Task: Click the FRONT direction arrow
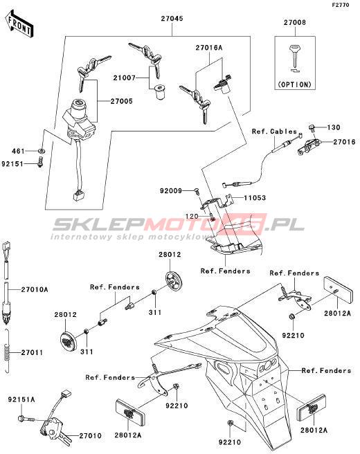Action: pyautogui.click(x=19, y=24)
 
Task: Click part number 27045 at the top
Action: pyautogui.click(x=172, y=19)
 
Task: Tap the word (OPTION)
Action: pyautogui.click(x=294, y=84)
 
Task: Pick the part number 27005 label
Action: pyautogui.click(x=122, y=101)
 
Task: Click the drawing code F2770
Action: pyautogui.click(x=341, y=5)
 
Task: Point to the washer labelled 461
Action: pyautogui.click(x=42, y=151)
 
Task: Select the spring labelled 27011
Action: pyautogui.click(x=8, y=351)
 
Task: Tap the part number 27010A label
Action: pyautogui.click(x=35, y=289)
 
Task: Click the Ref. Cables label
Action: pyautogui.click(x=274, y=131)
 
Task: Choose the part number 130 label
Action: pyautogui.click(x=334, y=127)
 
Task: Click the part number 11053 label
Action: pyautogui.click(x=255, y=198)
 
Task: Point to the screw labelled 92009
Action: pyautogui.click(x=197, y=190)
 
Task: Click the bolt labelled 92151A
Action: pyautogui.click(x=26, y=419)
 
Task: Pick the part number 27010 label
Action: pyautogui.click(x=91, y=436)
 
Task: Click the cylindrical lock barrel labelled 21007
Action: pyautogui.click(x=160, y=92)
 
